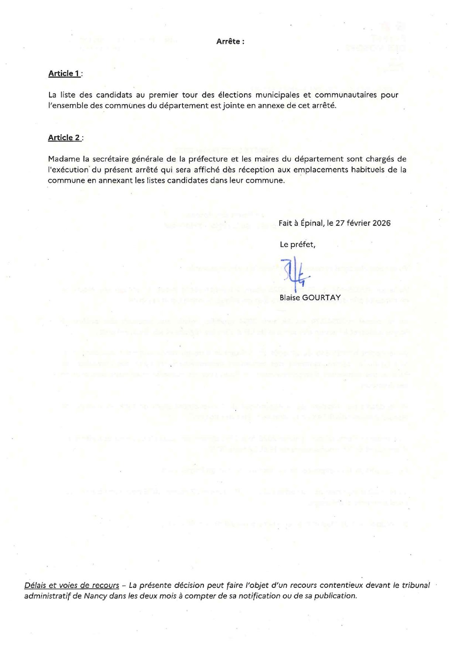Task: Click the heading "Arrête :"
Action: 230,41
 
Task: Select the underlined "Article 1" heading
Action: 64,74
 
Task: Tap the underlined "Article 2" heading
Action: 64,137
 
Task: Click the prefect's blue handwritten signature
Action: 295,274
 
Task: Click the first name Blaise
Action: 290,297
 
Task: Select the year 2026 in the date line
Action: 381,223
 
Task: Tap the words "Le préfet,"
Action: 297,244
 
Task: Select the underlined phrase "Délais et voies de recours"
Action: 72,585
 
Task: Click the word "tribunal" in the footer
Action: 416,585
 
